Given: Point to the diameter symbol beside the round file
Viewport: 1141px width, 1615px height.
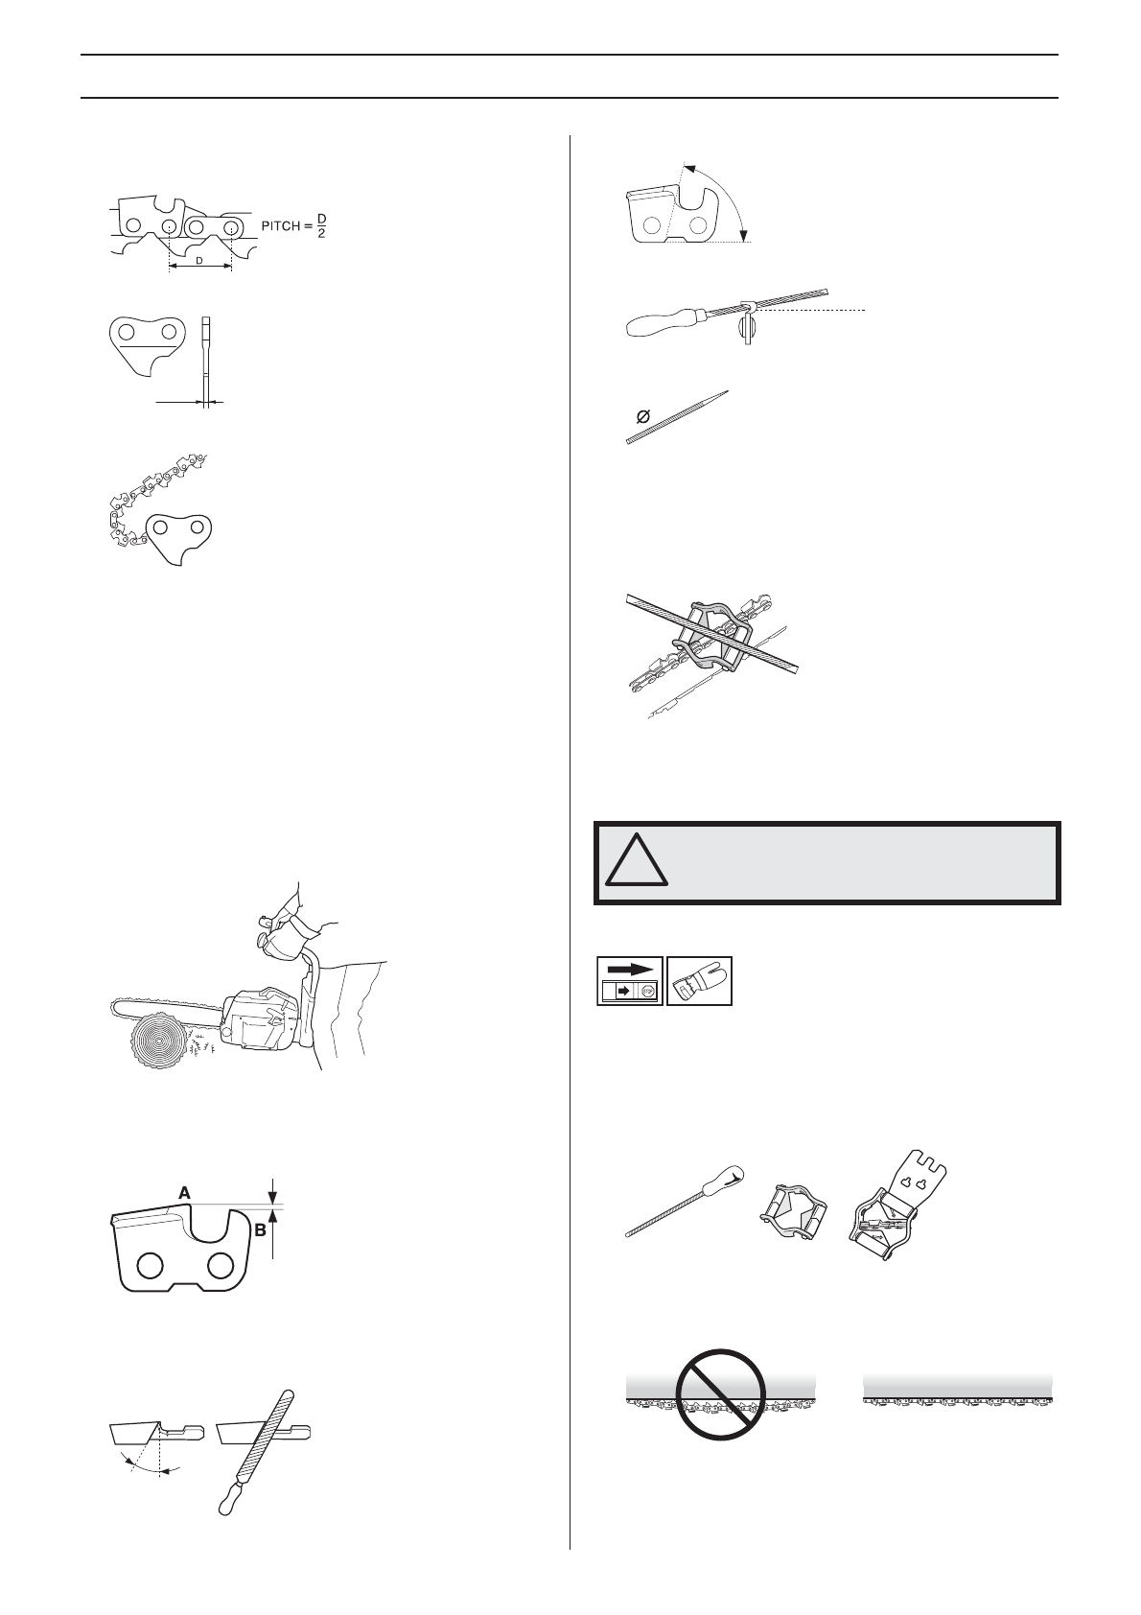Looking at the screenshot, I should click(642, 417).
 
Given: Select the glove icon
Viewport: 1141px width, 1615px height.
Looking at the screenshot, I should click(699, 980).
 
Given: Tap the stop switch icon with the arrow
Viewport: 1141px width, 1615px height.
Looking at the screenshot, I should click(630, 980).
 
